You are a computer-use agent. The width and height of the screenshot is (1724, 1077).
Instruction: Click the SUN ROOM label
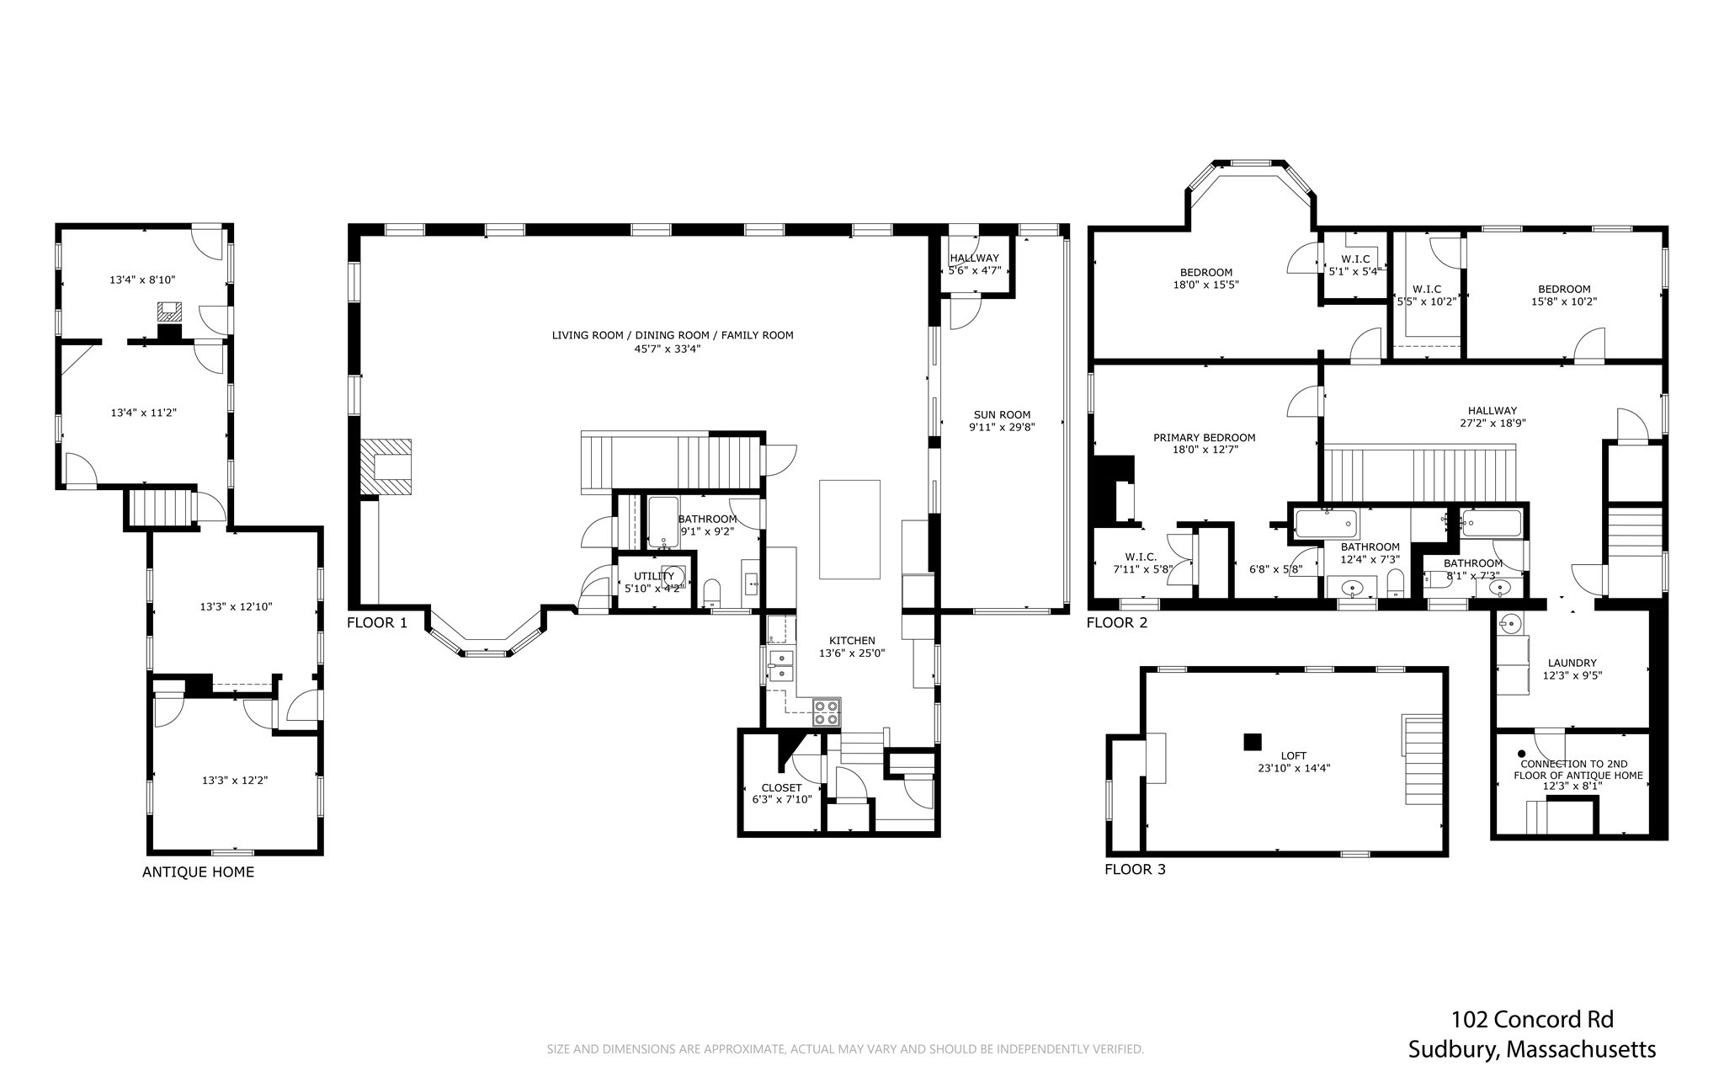point(1002,414)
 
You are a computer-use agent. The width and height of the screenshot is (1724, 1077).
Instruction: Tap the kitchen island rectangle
point(849,530)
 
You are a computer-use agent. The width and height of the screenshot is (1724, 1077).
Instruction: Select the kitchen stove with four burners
point(827,712)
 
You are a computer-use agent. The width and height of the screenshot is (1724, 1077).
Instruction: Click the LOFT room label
point(1294,756)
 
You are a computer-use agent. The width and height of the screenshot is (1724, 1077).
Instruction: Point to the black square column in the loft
point(1253,742)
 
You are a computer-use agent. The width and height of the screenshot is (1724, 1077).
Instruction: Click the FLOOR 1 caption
point(377,623)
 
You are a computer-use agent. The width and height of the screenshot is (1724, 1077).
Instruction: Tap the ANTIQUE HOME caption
point(198,872)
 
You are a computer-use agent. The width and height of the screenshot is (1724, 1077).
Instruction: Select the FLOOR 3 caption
point(1135,869)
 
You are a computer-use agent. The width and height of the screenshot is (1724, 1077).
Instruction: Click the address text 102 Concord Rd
point(1532,1020)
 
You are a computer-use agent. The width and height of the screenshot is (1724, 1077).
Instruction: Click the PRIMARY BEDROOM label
point(1204,438)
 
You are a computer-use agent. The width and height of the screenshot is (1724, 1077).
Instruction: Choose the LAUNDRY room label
point(1572,663)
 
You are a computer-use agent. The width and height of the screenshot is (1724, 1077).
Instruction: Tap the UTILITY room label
point(654,576)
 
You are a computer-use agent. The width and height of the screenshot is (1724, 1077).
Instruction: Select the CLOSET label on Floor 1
point(781,788)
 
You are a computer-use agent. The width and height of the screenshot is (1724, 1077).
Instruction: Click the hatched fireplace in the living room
point(386,467)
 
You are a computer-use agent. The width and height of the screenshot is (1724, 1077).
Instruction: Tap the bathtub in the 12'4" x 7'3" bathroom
point(1326,525)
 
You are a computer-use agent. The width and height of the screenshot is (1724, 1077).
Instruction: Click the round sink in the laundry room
point(1510,625)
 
